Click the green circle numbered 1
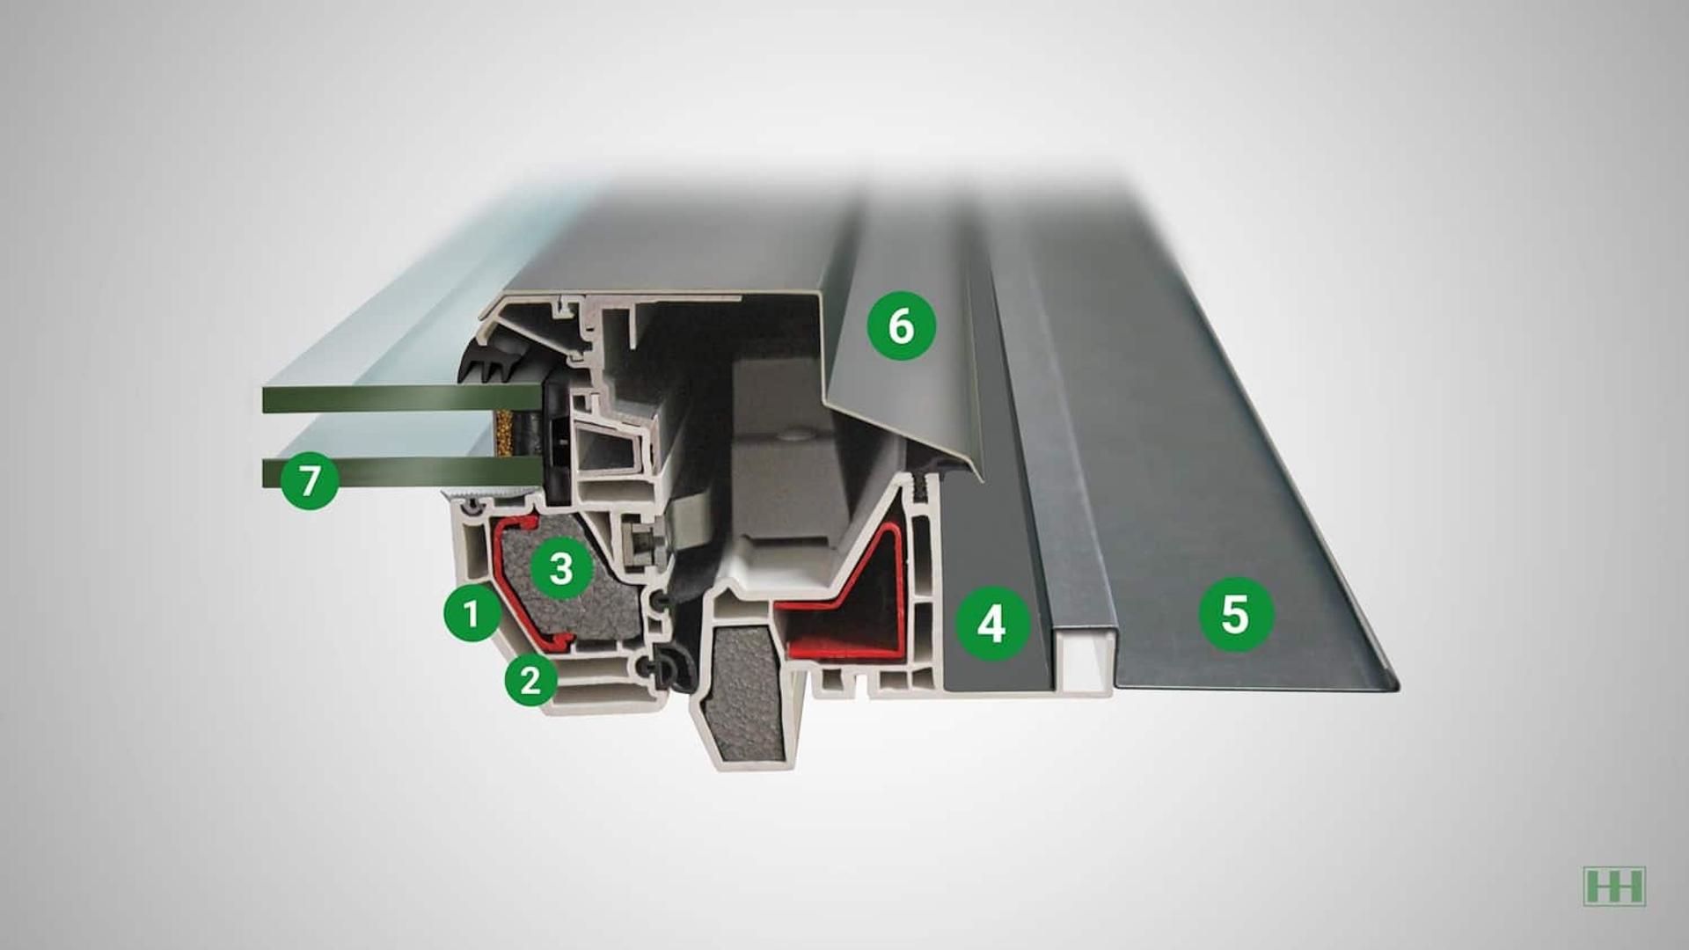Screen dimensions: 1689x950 point(472,612)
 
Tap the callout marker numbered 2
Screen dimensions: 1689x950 point(530,679)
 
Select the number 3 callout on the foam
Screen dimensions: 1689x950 point(561,569)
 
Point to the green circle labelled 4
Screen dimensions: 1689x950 point(991,624)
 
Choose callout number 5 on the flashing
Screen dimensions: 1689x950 point(1236,614)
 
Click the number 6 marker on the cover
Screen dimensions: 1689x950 point(901,325)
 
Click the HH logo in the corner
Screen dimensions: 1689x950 point(1613,886)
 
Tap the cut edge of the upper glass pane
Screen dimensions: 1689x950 point(400,399)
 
